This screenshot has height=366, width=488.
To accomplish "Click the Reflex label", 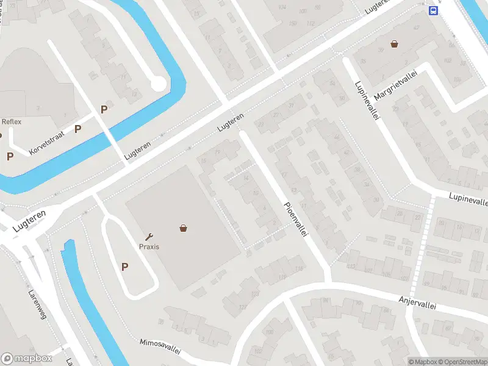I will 12,121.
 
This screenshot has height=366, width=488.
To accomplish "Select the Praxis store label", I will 149,246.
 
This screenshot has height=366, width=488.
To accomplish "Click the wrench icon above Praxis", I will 149,236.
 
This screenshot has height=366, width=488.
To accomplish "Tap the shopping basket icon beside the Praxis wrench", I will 183,228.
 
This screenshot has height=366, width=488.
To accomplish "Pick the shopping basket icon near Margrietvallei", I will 395,44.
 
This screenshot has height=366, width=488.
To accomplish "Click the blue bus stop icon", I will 432,10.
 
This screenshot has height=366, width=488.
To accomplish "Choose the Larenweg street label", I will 37,303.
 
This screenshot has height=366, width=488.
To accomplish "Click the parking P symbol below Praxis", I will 125,267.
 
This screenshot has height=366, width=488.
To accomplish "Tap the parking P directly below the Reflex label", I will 10,156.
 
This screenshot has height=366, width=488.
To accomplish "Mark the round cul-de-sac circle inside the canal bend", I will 158,84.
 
